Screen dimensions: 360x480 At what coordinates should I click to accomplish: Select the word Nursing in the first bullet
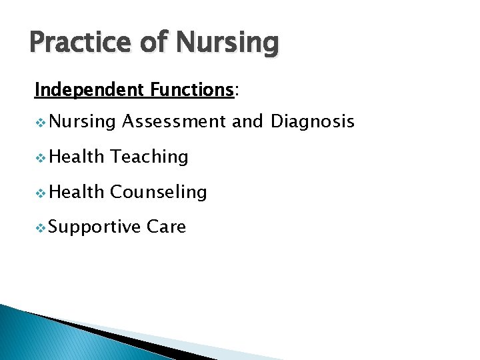83,122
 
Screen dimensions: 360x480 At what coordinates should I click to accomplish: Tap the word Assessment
174,121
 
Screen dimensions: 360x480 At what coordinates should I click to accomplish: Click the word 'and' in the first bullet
248,121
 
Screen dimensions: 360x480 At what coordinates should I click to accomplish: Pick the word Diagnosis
312,122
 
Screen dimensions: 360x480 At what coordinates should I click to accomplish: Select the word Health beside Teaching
77,157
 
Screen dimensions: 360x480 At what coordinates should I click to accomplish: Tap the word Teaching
149,157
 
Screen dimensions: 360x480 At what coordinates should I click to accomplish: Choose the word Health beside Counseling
77,192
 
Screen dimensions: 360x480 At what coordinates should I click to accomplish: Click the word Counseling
159,193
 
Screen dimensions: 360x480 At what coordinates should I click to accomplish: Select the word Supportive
94,228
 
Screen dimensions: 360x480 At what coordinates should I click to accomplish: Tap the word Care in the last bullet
166,227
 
